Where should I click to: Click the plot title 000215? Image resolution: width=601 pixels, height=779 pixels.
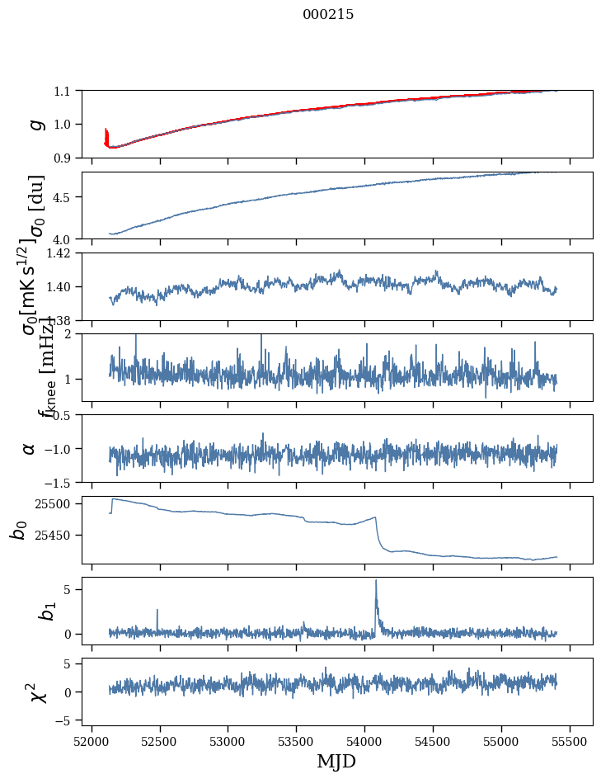click(x=328, y=15)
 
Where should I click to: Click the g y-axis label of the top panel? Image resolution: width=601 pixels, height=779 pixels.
click(x=35, y=124)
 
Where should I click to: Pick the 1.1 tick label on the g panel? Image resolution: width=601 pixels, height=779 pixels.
click(x=63, y=91)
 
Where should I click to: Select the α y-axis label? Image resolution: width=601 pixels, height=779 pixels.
click(x=30, y=448)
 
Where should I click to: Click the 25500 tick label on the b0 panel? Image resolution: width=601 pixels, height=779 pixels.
click(x=54, y=503)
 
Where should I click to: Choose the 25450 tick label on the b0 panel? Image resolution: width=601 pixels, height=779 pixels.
click(x=54, y=535)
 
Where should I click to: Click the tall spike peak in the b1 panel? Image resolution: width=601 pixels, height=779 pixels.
click(x=376, y=580)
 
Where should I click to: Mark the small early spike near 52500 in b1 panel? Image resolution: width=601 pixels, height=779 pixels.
click(x=157, y=611)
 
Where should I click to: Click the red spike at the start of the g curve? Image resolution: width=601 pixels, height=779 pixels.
click(x=106, y=132)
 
